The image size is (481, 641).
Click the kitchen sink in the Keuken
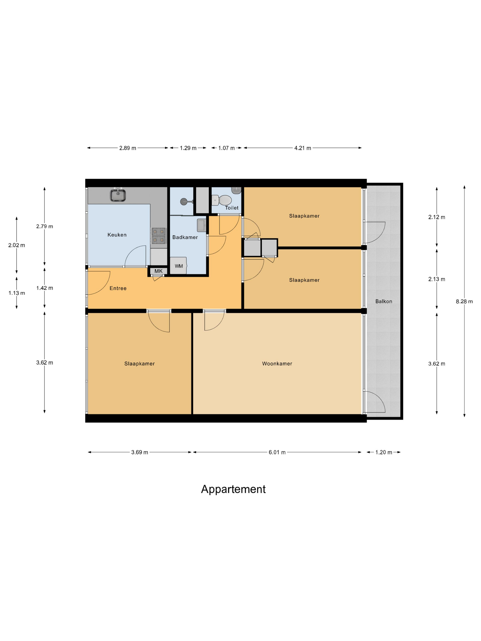click(118, 195)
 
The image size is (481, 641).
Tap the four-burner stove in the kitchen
click(159, 235)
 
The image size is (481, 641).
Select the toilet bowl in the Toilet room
click(224, 200)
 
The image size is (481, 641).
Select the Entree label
click(118, 288)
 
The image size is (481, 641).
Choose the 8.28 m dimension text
click(464, 301)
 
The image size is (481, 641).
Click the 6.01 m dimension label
click(277, 452)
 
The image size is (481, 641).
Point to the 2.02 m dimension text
click(16, 245)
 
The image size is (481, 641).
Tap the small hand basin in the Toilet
click(236, 190)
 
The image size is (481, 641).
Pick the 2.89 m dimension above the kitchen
click(128, 148)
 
